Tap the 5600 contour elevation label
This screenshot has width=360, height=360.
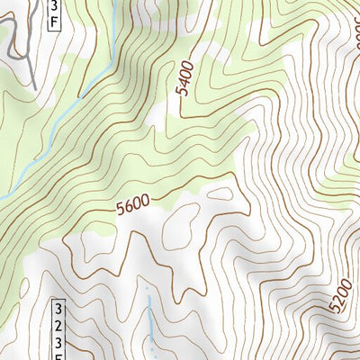(x=131, y=208)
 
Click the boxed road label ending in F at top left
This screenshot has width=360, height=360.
(x=51, y=15)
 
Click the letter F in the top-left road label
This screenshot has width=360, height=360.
(x=51, y=22)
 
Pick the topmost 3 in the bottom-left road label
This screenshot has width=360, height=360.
(x=58, y=309)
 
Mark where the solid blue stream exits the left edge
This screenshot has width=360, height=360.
(x=2, y=197)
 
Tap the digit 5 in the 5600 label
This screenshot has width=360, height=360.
(x=121, y=212)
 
